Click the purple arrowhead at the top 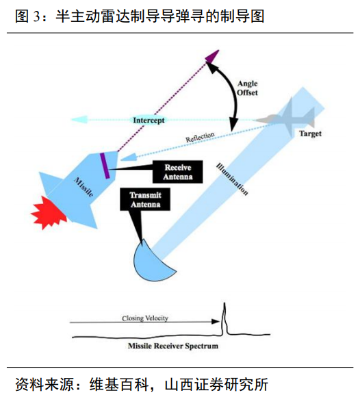(213, 56)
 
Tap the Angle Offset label (248, 88)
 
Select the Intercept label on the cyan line (149, 120)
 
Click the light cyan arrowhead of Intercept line (79, 120)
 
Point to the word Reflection (200, 137)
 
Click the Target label (310, 134)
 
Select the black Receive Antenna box (177, 172)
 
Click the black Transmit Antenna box (145, 199)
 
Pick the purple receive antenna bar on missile (105, 166)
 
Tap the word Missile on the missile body (83, 187)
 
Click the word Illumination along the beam (232, 179)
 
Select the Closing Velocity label (145, 318)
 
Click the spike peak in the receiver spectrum (224, 303)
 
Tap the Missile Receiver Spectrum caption (173, 346)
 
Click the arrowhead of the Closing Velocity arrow (216, 322)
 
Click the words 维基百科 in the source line (119, 384)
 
